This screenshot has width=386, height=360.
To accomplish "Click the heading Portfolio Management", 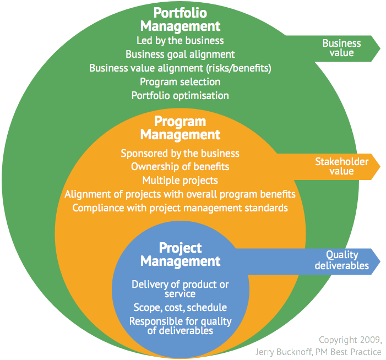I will tap(180, 19).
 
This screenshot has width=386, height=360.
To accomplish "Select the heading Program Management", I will tap(180, 128).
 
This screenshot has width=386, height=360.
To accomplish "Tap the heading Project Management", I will tap(180, 254).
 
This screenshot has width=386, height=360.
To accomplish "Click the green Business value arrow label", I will tap(341, 48).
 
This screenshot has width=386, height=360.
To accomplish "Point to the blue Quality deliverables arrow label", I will tap(341, 260).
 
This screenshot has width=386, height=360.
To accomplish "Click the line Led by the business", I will tap(180, 40).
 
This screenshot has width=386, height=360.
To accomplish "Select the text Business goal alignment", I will tap(180, 54).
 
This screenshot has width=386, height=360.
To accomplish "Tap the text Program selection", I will tap(180, 81).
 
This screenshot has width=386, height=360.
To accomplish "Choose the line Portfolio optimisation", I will tap(180, 95).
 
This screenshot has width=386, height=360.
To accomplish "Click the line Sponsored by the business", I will tap(180, 153).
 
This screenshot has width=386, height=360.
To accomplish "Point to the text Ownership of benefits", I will tap(180, 166).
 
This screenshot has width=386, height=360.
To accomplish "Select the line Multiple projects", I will tap(180, 180).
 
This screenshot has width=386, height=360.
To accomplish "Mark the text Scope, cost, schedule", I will tap(180, 307).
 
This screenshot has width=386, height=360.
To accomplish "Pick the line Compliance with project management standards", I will tap(180, 208).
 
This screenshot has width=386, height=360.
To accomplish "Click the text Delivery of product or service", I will tap(180, 289).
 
